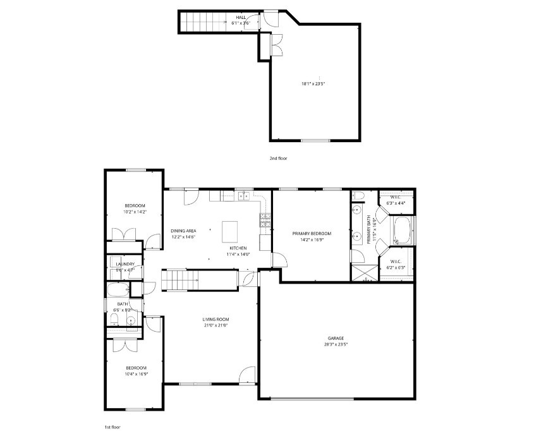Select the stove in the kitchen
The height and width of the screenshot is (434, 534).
coord(265,220)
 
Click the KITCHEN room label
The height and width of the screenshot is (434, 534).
coord(238,248)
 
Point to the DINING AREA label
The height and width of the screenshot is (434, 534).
coord(183,231)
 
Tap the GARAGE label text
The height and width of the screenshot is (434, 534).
coord(336,339)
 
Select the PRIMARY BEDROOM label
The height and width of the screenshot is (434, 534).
coord(312,233)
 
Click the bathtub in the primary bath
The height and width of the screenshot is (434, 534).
coord(402,231)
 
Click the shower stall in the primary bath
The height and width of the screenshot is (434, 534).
coord(362,272)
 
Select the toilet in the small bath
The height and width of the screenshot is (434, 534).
coord(114,322)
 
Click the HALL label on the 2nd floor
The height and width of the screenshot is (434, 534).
coord(241,17)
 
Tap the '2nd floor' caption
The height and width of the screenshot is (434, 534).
coord(278,159)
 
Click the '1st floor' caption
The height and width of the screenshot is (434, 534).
coord(112,427)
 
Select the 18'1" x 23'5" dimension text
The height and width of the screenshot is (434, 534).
coord(314,83)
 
